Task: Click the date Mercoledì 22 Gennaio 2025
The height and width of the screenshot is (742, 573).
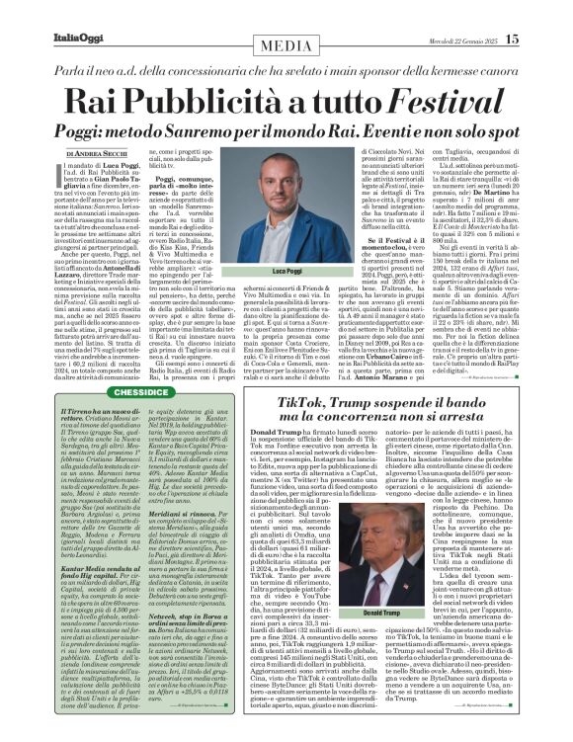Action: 456,40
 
